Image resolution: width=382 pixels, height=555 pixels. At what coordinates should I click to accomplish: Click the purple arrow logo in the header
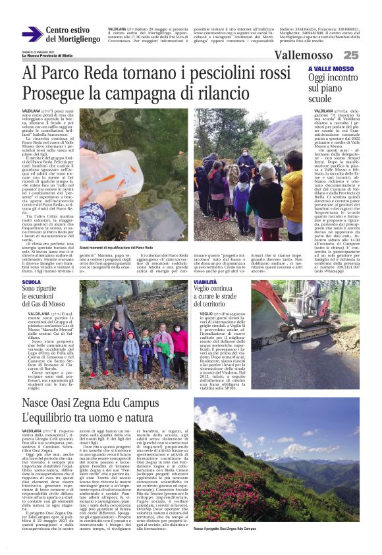(32, 34)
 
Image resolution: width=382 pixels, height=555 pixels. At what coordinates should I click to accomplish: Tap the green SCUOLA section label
(31, 283)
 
